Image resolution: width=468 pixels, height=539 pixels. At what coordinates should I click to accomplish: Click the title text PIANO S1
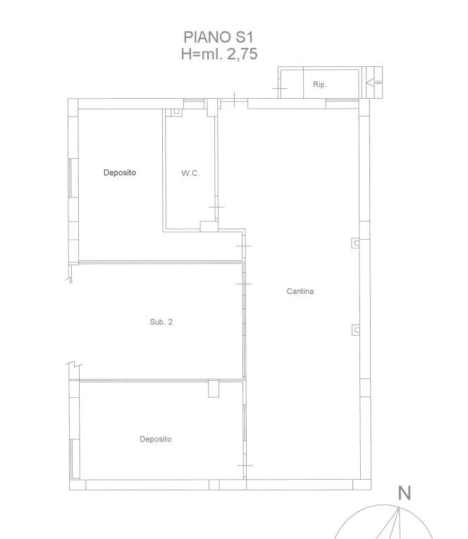(218, 37)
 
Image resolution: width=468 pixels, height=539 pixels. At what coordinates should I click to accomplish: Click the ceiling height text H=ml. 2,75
(219, 54)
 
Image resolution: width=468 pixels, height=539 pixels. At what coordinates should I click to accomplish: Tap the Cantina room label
(300, 291)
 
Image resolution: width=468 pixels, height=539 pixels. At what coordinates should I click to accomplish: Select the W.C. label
(190, 173)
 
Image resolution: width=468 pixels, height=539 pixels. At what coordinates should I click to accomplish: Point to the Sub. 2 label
(161, 322)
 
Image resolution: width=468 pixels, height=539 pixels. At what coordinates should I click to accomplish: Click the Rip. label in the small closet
(320, 84)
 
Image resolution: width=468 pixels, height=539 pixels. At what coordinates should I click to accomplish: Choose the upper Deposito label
(120, 173)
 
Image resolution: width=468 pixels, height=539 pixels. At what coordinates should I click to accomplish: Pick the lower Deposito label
(156, 439)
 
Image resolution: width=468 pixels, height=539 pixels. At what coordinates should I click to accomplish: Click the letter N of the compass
(405, 493)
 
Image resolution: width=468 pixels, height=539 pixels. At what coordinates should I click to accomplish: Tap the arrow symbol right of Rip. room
(374, 83)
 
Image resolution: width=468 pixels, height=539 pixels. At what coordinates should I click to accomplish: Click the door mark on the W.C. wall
(216, 207)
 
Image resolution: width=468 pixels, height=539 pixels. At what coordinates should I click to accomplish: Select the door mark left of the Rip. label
(280, 88)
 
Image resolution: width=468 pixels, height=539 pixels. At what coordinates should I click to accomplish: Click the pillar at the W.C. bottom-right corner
(209, 226)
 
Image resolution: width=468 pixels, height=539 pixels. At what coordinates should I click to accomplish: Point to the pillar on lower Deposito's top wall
(214, 389)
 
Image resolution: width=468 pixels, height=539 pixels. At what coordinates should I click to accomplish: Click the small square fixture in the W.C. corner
(176, 112)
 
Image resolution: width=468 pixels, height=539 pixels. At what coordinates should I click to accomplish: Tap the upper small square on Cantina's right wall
(356, 243)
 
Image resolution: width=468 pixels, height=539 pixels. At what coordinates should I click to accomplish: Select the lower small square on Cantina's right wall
(356, 330)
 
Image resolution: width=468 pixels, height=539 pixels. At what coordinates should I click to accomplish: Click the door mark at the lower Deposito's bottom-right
(245, 465)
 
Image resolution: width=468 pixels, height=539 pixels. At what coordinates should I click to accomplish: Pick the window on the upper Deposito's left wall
(70, 178)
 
